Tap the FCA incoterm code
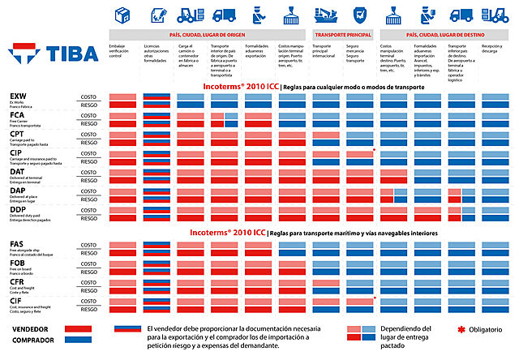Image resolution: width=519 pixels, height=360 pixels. tap(16, 115)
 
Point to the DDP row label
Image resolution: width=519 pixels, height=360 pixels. tap(17, 210)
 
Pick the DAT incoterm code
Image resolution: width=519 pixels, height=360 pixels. tap(17, 172)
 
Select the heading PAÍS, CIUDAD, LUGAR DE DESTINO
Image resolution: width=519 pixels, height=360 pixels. tap(446, 36)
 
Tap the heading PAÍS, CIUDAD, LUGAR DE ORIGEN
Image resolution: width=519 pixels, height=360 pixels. tap(208, 36)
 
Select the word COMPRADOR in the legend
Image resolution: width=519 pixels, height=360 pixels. tap(33, 341)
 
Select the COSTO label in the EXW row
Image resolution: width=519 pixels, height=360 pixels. tap(89, 97)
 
